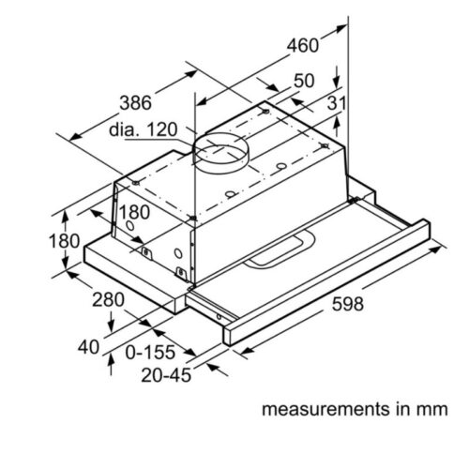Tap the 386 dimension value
135,100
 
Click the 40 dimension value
87,346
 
